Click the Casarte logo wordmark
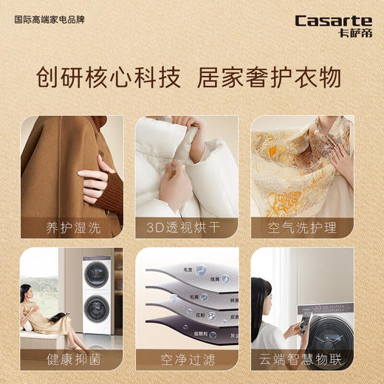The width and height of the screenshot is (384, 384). (333, 20)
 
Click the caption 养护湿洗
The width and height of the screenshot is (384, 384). (72, 225)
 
